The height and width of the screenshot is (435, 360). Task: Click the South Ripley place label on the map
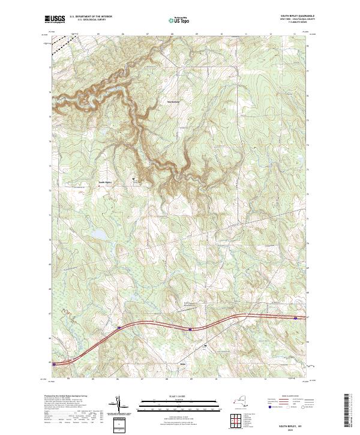(105, 183)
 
